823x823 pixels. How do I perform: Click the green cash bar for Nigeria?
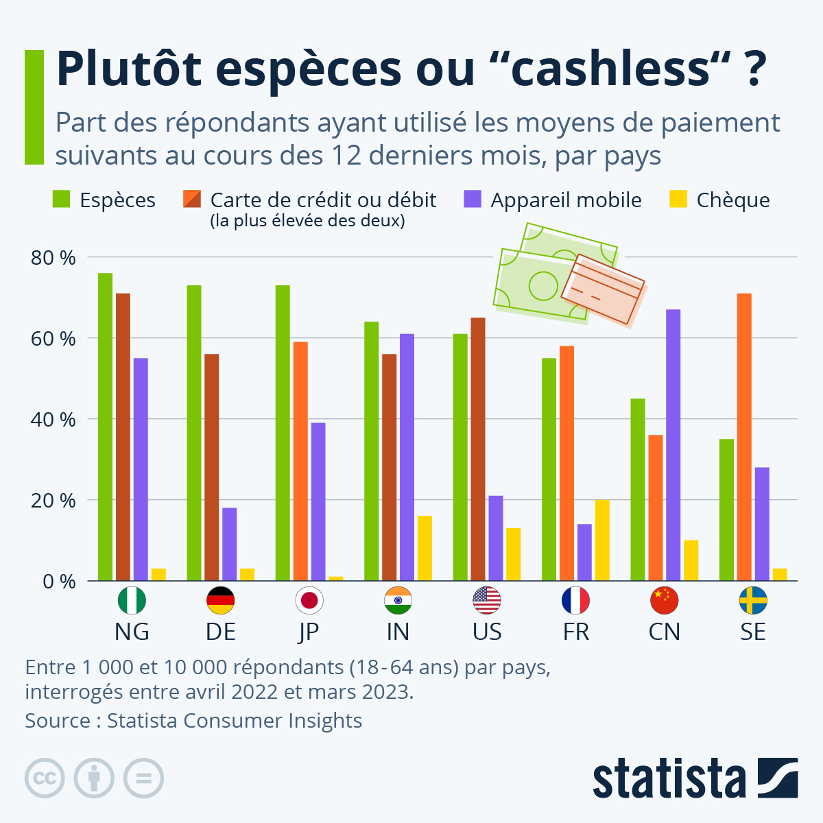pyautogui.click(x=105, y=427)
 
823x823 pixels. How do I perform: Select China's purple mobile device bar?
pyautogui.click(x=673, y=445)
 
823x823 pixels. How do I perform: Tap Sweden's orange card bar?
pyautogui.click(x=744, y=437)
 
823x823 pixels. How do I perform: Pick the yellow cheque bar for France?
pyautogui.click(x=602, y=540)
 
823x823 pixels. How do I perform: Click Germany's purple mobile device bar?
pyautogui.click(x=229, y=544)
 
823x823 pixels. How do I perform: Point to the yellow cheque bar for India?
pyautogui.click(x=425, y=548)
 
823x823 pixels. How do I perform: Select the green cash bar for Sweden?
pyautogui.click(x=726, y=510)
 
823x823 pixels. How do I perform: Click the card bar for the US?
pyautogui.click(x=478, y=449)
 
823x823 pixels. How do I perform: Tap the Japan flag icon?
pyautogui.click(x=309, y=601)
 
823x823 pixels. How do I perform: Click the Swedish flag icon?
pyautogui.click(x=753, y=601)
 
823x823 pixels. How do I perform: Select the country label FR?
pyautogui.click(x=575, y=632)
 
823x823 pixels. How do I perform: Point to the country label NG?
pyautogui.click(x=132, y=632)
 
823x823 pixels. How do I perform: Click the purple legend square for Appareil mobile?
pyautogui.click(x=473, y=199)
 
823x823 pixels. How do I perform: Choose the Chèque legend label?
pyautogui.click(x=732, y=200)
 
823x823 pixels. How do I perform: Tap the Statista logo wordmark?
pyautogui.click(x=669, y=778)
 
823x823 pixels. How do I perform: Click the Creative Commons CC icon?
pyautogui.click(x=45, y=778)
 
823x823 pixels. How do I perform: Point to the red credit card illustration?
pyautogui.click(x=604, y=290)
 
